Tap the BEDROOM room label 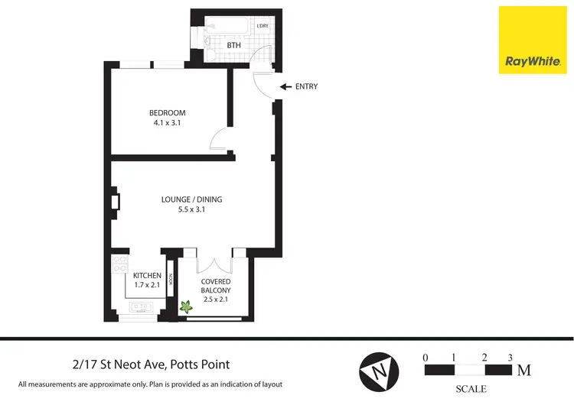point(167,113)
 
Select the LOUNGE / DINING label point(191,199)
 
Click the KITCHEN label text point(147,275)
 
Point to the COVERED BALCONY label point(216,286)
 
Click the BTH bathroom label point(234,46)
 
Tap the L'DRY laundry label point(263,27)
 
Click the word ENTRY point(306,87)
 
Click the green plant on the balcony point(185,307)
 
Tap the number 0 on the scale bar point(426,357)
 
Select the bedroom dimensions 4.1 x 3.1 point(167,123)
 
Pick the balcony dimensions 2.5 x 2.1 point(216,300)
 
